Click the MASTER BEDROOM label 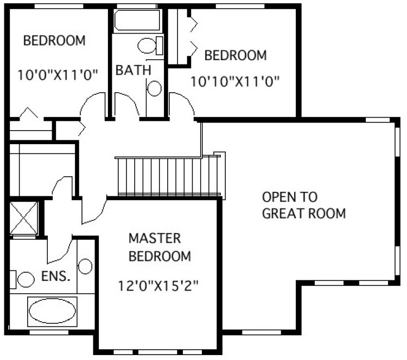pyautogui.click(x=160, y=247)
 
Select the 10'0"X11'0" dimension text pyautogui.click(x=57, y=75)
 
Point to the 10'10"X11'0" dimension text pyautogui.click(x=234, y=81)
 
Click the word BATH pyautogui.click(x=133, y=70)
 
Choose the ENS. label pyautogui.click(x=56, y=277)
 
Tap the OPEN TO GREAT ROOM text pyautogui.click(x=303, y=205)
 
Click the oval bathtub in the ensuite pyautogui.click(x=52, y=312)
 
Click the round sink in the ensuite pyautogui.click(x=85, y=266)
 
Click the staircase pyautogui.click(x=169, y=176)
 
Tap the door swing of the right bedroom pyautogui.click(x=180, y=103)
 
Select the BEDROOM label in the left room pyautogui.click(x=54, y=40)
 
